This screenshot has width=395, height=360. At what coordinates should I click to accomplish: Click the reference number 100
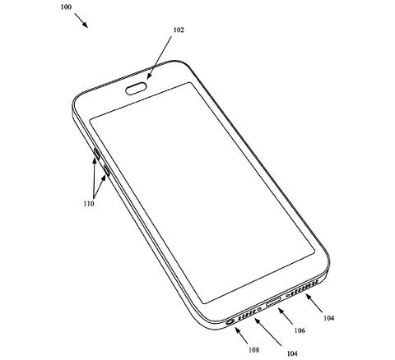(x=66, y=7)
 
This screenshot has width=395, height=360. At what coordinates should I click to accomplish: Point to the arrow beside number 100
(x=81, y=21)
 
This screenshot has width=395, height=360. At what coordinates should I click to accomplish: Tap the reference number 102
(x=179, y=30)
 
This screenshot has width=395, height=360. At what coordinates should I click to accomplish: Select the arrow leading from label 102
(x=160, y=58)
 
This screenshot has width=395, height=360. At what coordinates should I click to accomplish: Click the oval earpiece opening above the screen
(x=136, y=89)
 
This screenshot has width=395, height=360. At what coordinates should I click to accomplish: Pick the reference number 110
(x=89, y=204)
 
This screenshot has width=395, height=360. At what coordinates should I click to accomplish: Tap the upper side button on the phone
(x=96, y=154)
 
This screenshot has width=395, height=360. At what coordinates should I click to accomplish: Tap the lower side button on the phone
(x=107, y=170)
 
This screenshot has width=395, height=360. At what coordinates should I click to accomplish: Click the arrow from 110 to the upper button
(x=94, y=178)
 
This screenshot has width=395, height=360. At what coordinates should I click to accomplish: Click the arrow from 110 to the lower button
(x=100, y=187)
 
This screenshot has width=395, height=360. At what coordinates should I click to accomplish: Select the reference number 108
(x=253, y=350)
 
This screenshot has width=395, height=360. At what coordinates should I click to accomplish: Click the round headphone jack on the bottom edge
(x=230, y=322)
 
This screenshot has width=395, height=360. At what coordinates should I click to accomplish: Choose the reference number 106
(x=300, y=330)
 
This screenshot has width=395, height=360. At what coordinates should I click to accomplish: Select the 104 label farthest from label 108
(x=328, y=318)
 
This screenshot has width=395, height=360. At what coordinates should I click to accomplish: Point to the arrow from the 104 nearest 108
(x=268, y=332)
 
